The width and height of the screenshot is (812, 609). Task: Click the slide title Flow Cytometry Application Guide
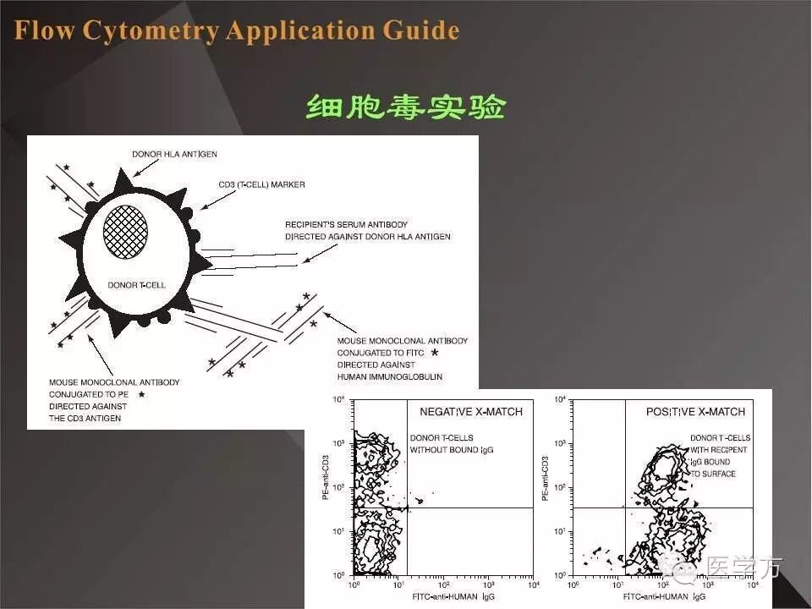coord(237,31)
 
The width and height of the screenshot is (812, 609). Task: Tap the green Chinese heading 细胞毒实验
coord(405,107)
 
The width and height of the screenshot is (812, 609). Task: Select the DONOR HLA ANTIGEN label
coord(174,154)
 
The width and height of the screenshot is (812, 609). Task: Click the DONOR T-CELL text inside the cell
coord(136,285)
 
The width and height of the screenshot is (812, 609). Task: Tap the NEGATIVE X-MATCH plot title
coord(471,412)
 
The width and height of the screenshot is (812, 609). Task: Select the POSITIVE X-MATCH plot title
coord(695,412)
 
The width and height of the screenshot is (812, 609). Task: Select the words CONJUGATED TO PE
coord(89,394)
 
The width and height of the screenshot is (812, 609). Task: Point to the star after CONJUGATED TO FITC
coord(435,352)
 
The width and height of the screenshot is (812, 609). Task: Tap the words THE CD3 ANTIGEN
coord(85,418)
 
